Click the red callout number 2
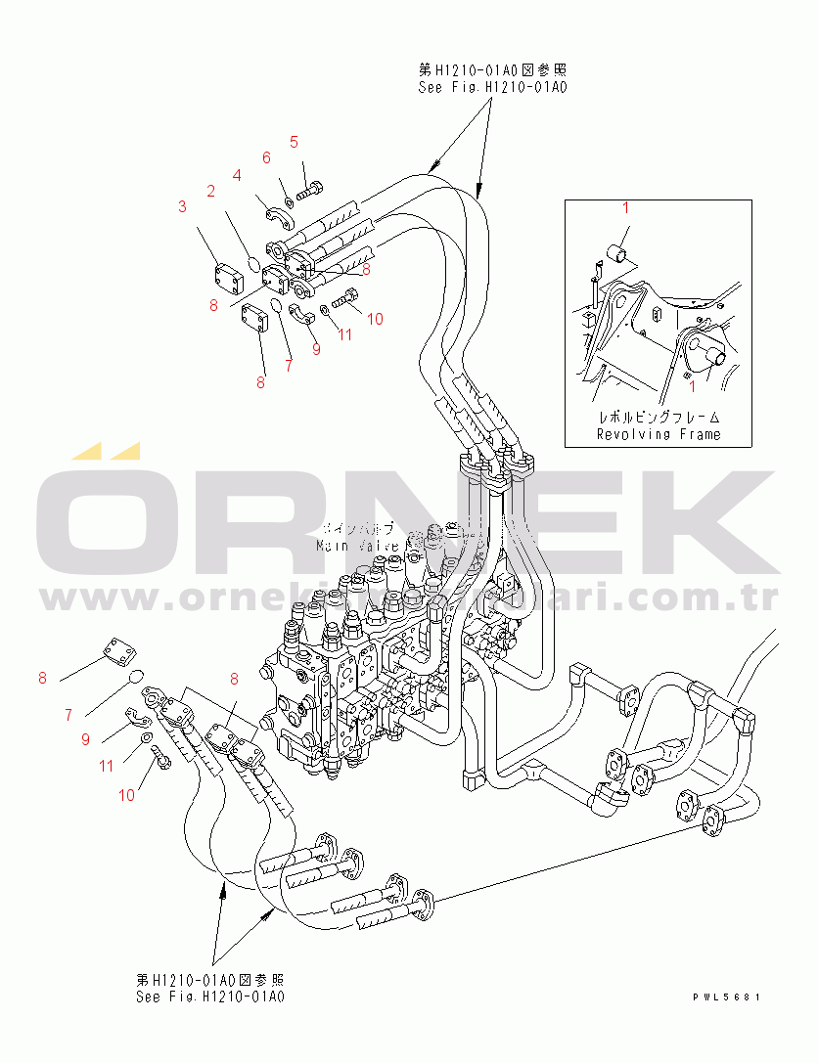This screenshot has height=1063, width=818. [210, 192]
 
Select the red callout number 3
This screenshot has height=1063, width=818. [182, 206]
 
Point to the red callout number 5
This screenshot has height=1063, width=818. [293, 142]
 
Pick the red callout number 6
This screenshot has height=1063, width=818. [265, 157]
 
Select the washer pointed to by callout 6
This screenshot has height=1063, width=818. [290, 200]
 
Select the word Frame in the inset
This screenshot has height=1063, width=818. [699, 434]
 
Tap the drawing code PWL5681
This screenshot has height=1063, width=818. [726, 997]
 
